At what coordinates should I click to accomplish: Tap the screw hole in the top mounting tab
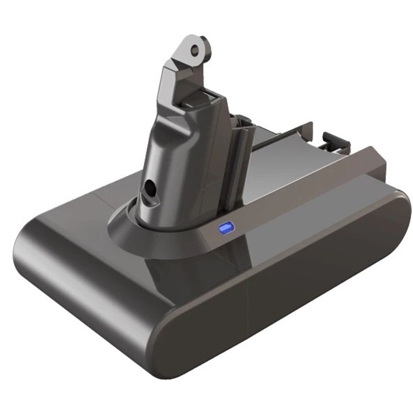[197, 49]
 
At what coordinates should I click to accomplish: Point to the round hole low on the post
[150, 189]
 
